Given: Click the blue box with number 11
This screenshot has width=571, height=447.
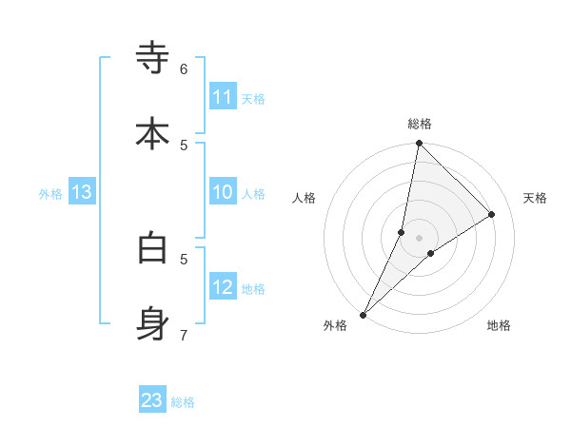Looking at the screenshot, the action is coord(223,97).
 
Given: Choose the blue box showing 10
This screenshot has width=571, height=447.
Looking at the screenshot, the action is coord(223,192).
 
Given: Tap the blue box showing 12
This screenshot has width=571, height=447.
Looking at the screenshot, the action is coord(223,287).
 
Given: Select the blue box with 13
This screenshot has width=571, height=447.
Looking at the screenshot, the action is coord(82,192).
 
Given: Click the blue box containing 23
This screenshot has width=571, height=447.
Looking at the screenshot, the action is coord(152,400).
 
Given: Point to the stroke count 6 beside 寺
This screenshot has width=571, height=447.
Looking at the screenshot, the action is coord(184,68).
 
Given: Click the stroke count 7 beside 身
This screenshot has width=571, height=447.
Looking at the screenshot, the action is coord(184,334).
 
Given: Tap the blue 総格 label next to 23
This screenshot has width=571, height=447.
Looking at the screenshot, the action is coord(184,402).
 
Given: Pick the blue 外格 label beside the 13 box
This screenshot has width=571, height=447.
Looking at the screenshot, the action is coord(50,194).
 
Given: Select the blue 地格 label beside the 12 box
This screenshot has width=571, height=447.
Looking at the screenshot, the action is coord(253,289).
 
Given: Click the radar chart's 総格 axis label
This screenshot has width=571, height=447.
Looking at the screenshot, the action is coord(420,124).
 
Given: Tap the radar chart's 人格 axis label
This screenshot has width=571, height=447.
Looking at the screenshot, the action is coord(304,198).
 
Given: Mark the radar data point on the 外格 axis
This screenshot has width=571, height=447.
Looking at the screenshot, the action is coord(363,314).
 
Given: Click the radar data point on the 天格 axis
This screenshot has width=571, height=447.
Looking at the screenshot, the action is coord(492,215).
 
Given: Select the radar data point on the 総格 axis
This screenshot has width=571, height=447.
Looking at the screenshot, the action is coord(419,143).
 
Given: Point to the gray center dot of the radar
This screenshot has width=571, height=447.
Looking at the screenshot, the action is coord(419,238).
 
